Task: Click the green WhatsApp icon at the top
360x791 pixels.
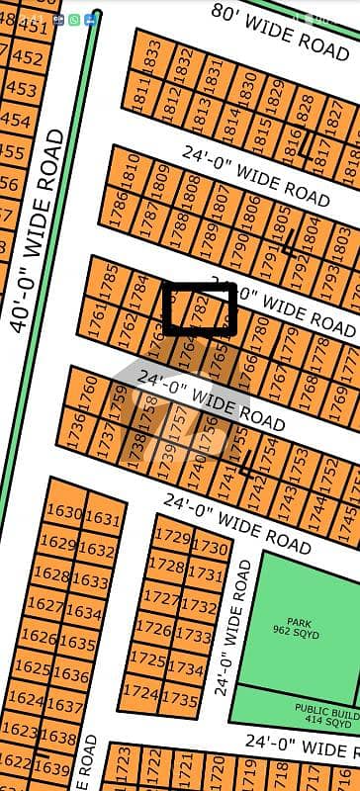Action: (74, 19)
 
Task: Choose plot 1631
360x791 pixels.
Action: (102, 519)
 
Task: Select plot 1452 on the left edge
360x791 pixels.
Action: (30, 57)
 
